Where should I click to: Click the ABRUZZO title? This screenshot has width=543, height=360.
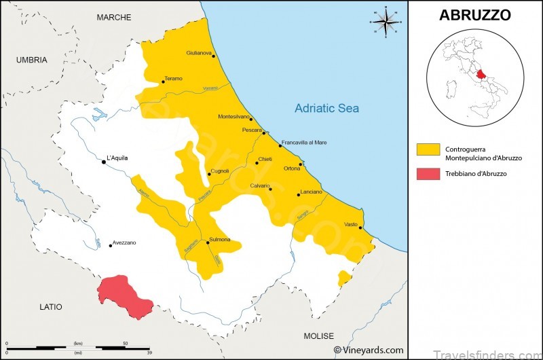[x=474, y=15]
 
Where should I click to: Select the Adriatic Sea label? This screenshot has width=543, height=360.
[x=326, y=108]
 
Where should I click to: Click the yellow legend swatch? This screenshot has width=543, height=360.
[x=427, y=149]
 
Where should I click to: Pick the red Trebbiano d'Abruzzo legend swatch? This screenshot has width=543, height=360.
[x=427, y=174]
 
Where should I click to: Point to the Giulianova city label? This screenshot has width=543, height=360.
[x=200, y=53]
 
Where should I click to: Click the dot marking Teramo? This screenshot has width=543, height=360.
[x=163, y=84]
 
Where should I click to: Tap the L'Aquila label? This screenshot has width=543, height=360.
[x=117, y=158]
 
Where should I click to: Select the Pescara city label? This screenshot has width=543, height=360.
[x=252, y=130]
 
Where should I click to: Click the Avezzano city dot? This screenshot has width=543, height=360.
[x=111, y=245]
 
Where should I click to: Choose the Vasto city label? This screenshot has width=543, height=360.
[x=351, y=224]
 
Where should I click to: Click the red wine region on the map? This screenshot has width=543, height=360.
[x=124, y=296]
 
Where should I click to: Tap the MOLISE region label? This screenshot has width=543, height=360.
[x=318, y=336]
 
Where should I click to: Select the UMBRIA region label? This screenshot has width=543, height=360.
[x=32, y=60]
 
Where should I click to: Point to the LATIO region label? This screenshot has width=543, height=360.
[x=50, y=307]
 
